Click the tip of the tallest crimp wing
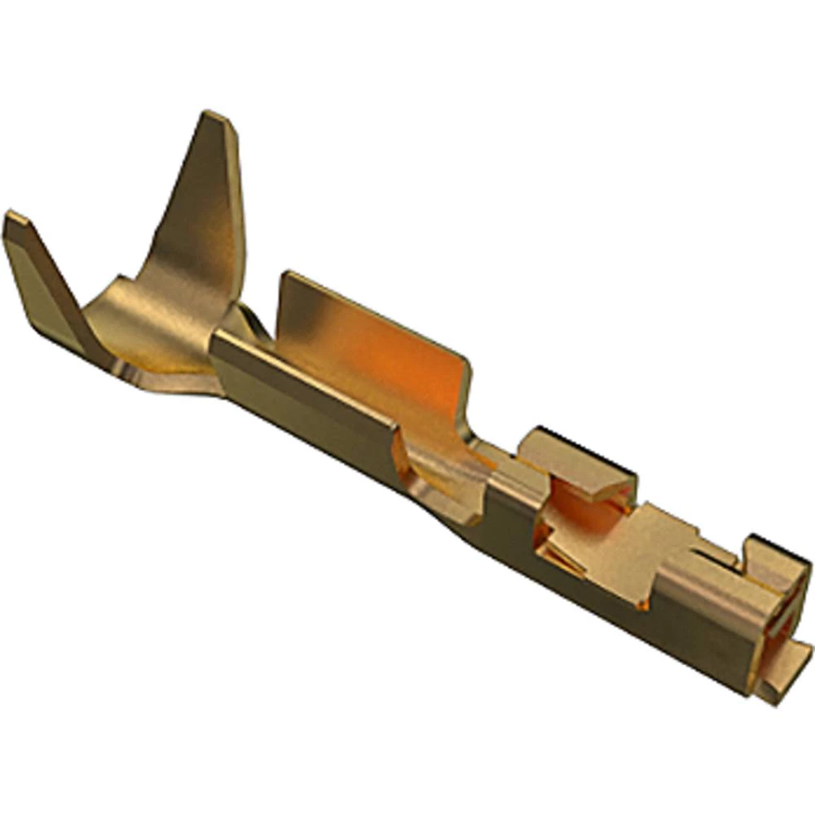pyautogui.click(x=217, y=119)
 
